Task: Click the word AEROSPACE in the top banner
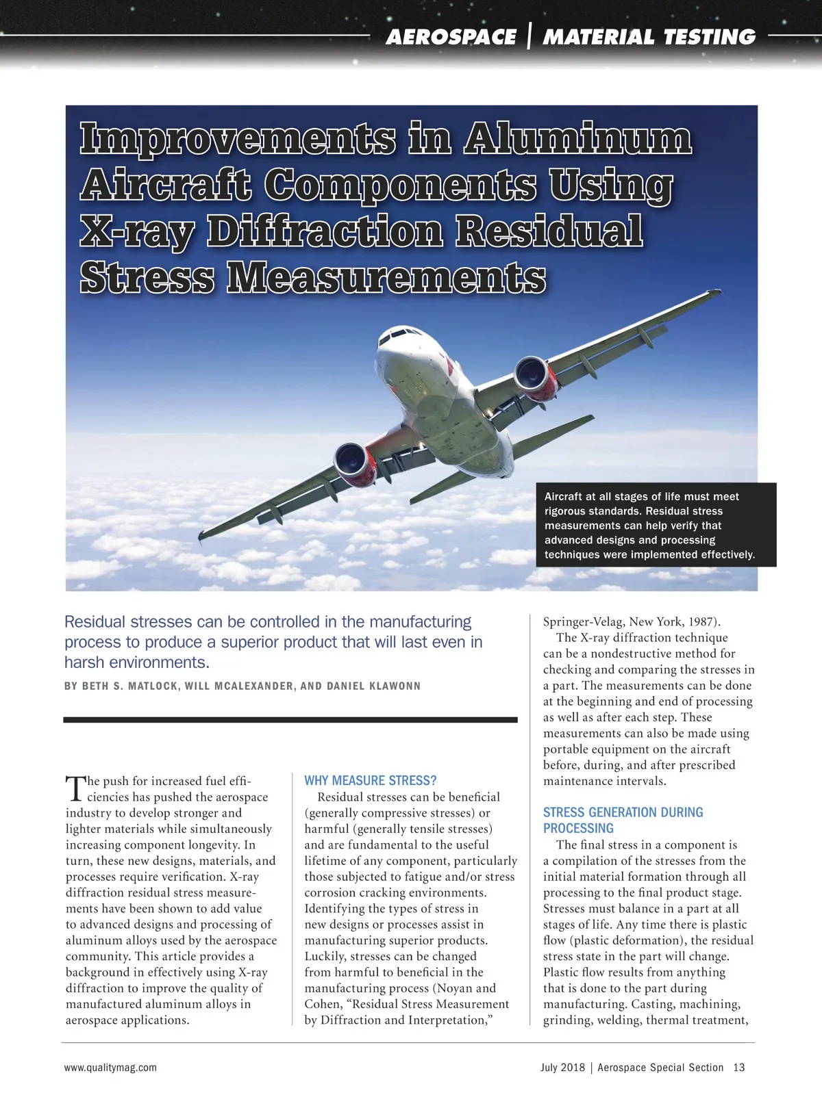tap(451, 37)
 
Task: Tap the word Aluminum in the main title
tap(577, 140)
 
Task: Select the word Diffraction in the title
tap(325, 231)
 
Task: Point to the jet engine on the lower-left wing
tap(353, 459)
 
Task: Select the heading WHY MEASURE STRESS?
tap(370, 780)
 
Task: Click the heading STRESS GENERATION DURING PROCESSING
tap(623, 820)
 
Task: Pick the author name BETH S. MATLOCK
tap(131, 686)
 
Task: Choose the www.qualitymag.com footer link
tap(110, 1067)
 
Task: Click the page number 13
tap(738, 1067)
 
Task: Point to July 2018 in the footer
tap(562, 1067)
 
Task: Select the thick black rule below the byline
tap(290, 720)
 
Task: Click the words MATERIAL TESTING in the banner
tap(649, 37)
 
